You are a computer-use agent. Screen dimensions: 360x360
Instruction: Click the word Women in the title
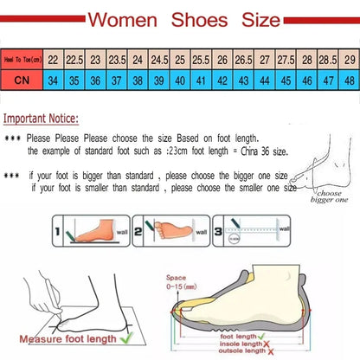coord(128,18)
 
